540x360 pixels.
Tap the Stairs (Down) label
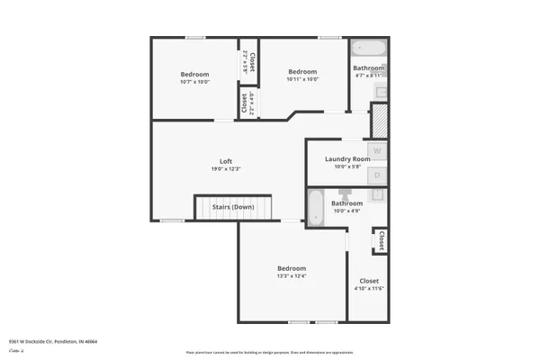(x=233, y=207)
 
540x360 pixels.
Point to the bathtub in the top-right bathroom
(x=367, y=49)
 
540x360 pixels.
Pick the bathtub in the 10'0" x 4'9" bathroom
(x=316, y=208)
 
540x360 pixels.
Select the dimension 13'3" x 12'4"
(x=292, y=275)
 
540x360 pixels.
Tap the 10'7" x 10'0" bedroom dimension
(x=194, y=82)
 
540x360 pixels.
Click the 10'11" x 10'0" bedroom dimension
(x=302, y=79)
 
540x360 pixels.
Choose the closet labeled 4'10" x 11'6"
(x=369, y=288)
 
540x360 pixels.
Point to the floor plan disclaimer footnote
(x=269, y=352)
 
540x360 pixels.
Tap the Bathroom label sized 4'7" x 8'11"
(x=368, y=68)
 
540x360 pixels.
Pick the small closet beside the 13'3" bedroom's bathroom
(x=382, y=240)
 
